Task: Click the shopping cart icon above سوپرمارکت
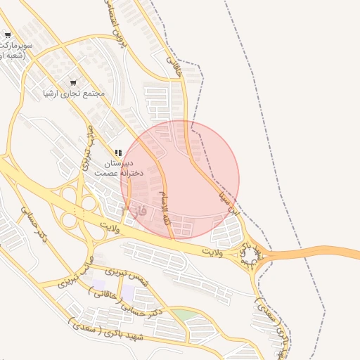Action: [7, 34]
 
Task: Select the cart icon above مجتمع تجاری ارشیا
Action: [74, 82]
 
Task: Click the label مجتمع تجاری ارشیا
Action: [74, 93]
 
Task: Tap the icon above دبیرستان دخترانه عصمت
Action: [118, 153]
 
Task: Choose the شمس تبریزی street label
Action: [127, 275]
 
